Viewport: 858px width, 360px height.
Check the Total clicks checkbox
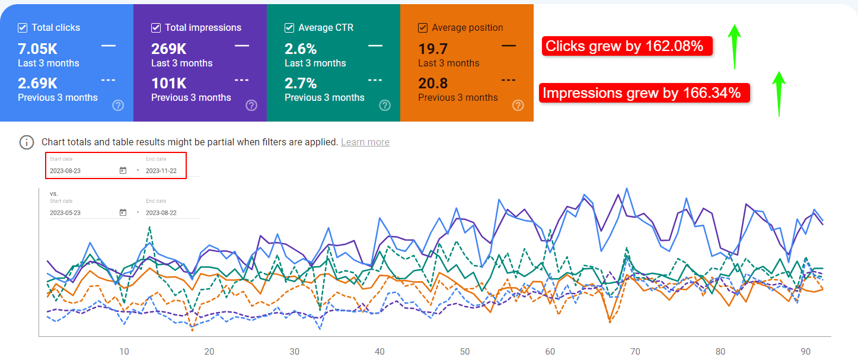[23, 28]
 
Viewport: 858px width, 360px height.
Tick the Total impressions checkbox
[156, 28]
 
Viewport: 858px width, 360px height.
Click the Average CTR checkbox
[289, 28]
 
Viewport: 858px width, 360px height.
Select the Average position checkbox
[423, 28]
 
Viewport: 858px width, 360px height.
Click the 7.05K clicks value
[38, 49]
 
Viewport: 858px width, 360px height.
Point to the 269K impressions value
[170, 49]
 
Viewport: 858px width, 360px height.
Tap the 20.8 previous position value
[433, 83]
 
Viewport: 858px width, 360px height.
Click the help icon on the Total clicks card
[118, 106]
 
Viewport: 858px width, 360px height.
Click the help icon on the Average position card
[518, 106]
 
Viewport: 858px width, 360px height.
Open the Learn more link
[365, 142]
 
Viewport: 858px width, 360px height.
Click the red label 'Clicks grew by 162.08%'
[626, 46]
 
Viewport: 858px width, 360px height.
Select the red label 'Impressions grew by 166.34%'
[644, 93]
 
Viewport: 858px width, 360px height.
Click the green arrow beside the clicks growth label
[734, 46]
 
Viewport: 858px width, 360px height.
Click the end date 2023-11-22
[161, 171]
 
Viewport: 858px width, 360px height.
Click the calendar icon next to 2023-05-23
[123, 212]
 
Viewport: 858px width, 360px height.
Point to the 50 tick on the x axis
[465, 352]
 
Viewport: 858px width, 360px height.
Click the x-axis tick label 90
[805, 352]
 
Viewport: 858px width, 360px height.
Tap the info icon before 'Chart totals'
[27, 142]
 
